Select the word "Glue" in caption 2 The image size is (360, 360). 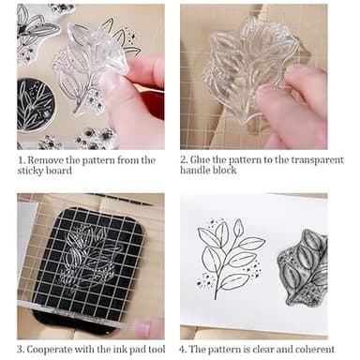[x=208, y=160]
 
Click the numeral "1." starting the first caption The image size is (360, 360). [x=21, y=160]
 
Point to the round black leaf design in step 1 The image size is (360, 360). [x=36, y=106]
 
